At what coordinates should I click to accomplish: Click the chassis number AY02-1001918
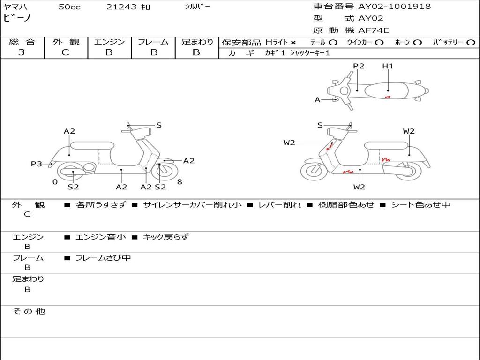(x=394, y=7)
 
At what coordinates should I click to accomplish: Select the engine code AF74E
(x=374, y=30)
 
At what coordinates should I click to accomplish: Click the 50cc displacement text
(x=69, y=7)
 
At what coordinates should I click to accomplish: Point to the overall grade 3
(x=22, y=52)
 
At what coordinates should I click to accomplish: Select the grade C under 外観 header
(x=66, y=52)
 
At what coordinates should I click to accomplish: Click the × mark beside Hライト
(x=293, y=43)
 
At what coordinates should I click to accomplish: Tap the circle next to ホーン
(x=417, y=43)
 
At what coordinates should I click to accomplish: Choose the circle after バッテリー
(x=471, y=43)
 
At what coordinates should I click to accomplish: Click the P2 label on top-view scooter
(x=359, y=66)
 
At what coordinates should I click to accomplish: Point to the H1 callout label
(x=387, y=66)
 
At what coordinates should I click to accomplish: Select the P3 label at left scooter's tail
(x=36, y=164)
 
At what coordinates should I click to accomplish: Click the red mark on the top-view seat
(x=387, y=97)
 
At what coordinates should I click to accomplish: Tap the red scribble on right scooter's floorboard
(x=348, y=172)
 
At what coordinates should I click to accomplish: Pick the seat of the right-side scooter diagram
(x=387, y=145)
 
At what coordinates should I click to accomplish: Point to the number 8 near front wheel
(x=180, y=182)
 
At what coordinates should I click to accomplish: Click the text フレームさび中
(x=103, y=258)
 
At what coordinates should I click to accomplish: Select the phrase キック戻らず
(x=165, y=237)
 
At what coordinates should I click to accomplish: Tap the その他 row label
(x=29, y=311)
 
